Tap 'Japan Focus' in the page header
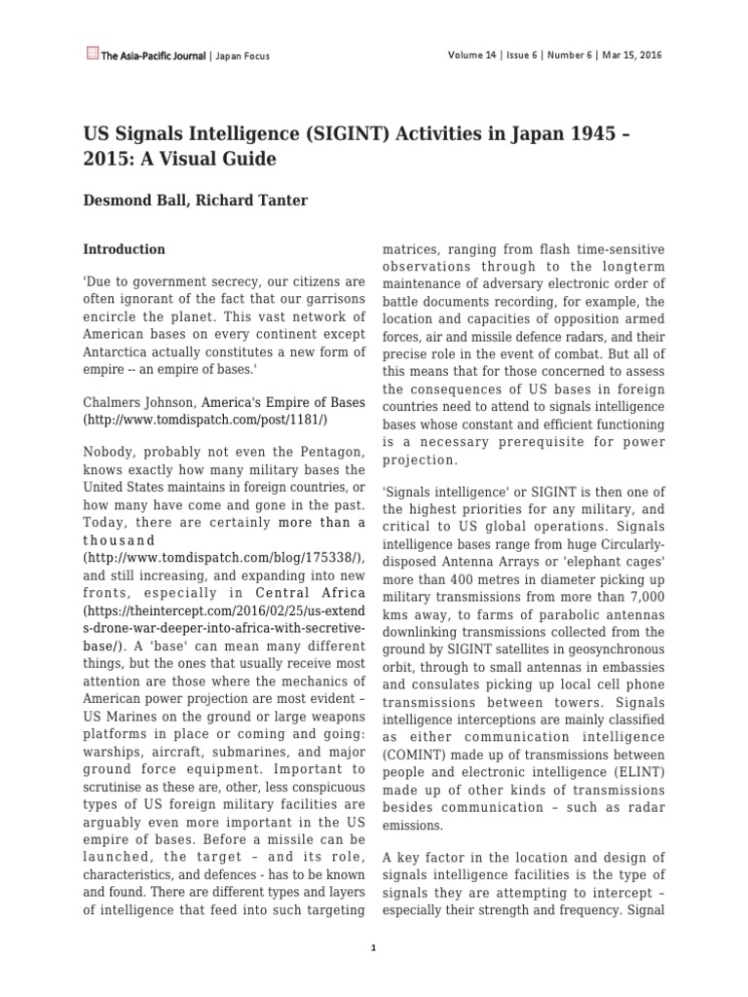tap(242, 56)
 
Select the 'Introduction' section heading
tap(124, 249)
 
